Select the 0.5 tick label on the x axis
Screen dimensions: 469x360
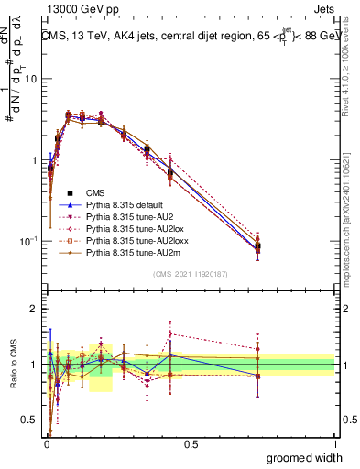pyautogui.click(x=190, y=445)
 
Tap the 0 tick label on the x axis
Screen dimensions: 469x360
pyautogui.click(x=46, y=445)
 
